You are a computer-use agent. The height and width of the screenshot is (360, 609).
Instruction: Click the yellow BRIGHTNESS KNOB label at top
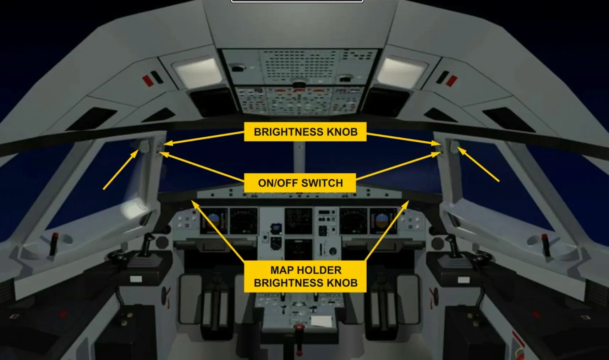click(x=305, y=132)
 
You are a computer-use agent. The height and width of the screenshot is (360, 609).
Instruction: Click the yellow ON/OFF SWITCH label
click(x=300, y=183)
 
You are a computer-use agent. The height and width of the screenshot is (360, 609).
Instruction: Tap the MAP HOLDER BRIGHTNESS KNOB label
click(x=305, y=277)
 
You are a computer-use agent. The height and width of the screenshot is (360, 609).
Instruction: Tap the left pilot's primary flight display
click(x=214, y=221)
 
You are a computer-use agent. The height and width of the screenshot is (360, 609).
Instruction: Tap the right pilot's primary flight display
click(x=383, y=221)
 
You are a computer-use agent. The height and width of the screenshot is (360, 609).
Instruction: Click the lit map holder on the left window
click(x=134, y=209)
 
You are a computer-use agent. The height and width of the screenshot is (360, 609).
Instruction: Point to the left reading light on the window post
click(x=145, y=146)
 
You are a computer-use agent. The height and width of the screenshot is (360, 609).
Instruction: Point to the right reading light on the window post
click(x=455, y=146)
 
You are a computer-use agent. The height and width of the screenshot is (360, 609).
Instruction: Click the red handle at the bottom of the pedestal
click(x=299, y=327)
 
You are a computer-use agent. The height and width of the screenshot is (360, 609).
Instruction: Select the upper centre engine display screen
click(x=298, y=221)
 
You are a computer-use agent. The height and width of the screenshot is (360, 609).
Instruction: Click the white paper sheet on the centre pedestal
click(x=322, y=321)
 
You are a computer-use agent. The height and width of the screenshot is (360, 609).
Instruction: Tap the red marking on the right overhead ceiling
click(x=451, y=80)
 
